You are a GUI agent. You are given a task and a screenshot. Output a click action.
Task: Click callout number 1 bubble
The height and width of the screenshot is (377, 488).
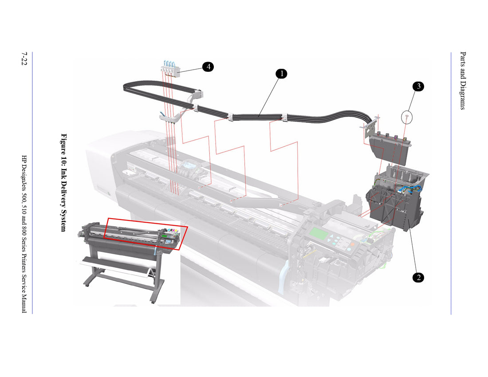pyautogui.click(x=281, y=74)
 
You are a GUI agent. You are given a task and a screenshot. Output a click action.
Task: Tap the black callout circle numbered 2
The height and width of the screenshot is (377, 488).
pyautogui.click(x=417, y=278)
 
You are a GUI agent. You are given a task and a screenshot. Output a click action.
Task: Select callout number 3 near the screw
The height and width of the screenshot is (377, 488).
pyautogui.click(x=418, y=86)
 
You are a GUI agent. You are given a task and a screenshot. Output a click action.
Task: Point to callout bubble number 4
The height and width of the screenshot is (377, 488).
pyautogui.click(x=208, y=67)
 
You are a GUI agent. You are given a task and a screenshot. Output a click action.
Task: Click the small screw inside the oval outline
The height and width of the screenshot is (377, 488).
pyautogui.click(x=406, y=117)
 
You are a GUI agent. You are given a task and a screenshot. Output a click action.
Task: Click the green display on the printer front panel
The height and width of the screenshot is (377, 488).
pyautogui.click(x=320, y=234)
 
